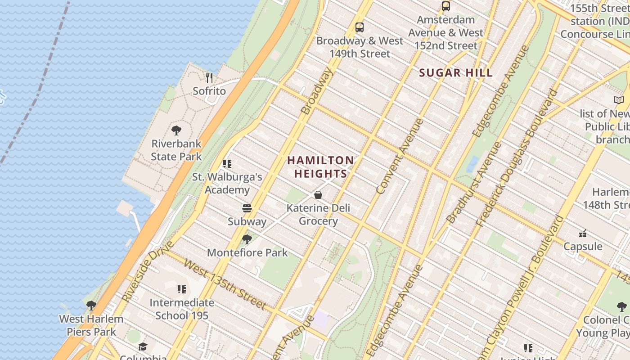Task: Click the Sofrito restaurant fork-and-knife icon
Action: tap(209, 78)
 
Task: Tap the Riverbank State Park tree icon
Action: tap(176, 130)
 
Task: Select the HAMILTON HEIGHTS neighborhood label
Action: tap(320, 167)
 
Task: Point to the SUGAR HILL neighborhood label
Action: tap(456, 73)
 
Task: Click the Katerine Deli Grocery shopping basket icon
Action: tap(318, 195)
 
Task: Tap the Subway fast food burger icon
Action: tap(247, 208)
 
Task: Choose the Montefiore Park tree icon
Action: tap(247, 239)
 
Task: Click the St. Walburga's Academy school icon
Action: tap(227, 164)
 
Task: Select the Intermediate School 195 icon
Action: tap(182, 289)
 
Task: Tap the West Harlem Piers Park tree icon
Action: tap(91, 306)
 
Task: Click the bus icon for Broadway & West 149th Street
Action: tap(360, 27)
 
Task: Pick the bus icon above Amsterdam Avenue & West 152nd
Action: tap(446, 6)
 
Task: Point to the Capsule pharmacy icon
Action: tap(583, 233)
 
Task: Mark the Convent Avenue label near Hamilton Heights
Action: tap(400, 156)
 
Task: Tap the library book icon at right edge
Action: tap(619, 100)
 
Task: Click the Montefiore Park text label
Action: tap(247, 252)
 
